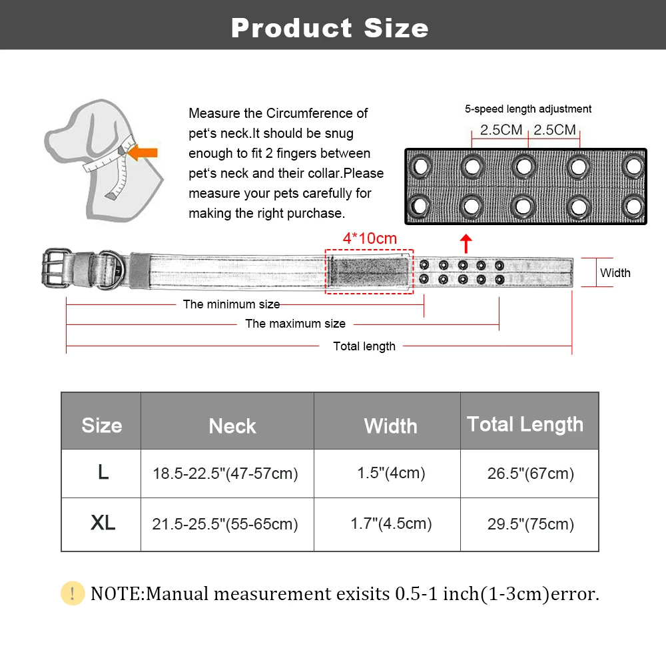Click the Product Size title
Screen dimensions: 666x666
(330, 28)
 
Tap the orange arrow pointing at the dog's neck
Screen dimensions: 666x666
(142, 153)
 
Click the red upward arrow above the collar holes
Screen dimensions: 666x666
(466, 243)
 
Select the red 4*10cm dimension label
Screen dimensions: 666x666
(370, 238)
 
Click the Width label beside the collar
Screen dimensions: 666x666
(615, 272)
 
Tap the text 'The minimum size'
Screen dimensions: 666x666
(231, 304)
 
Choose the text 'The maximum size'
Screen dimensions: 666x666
(295, 324)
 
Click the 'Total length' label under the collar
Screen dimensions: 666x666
(364, 346)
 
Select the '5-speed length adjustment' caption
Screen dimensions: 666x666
(527, 109)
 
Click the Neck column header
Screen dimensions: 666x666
(232, 426)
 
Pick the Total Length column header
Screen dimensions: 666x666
(525, 424)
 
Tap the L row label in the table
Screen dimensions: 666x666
(103, 472)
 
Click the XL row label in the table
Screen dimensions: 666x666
(103, 523)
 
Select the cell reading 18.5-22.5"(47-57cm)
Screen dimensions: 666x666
(225, 474)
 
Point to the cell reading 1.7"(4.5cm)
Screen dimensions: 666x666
(391, 523)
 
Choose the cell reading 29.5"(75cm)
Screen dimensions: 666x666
(530, 524)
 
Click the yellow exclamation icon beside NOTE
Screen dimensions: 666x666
(73, 593)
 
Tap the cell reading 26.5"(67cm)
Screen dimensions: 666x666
(530, 474)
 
